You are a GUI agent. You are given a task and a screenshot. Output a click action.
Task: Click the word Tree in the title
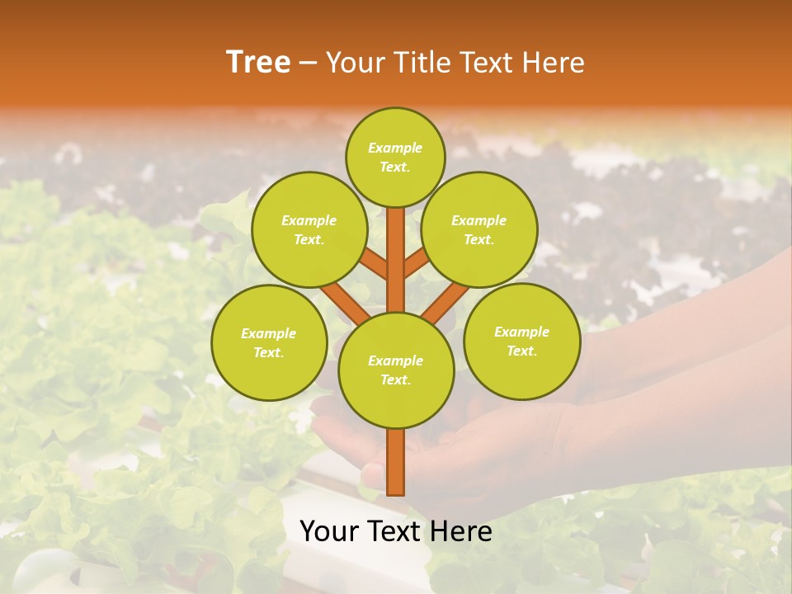point(258,63)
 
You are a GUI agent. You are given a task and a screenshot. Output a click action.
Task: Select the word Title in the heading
point(422,63)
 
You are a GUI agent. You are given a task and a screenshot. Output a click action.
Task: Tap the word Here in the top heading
point(553,63)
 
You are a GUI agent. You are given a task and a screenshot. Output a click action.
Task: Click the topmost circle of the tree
point(396,157)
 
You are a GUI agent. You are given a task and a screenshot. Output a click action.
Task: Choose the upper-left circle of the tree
point(309,229)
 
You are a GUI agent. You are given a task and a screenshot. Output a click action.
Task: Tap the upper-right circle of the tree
point(479,229)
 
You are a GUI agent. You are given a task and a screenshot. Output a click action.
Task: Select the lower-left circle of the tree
point(269,342)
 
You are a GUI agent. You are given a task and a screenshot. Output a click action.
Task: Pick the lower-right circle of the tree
point(522,341)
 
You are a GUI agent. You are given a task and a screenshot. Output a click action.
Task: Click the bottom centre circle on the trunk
point(396,370)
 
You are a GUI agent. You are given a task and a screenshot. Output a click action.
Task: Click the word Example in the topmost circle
point(395,148)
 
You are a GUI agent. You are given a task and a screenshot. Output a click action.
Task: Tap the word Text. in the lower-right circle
point(522,351)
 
